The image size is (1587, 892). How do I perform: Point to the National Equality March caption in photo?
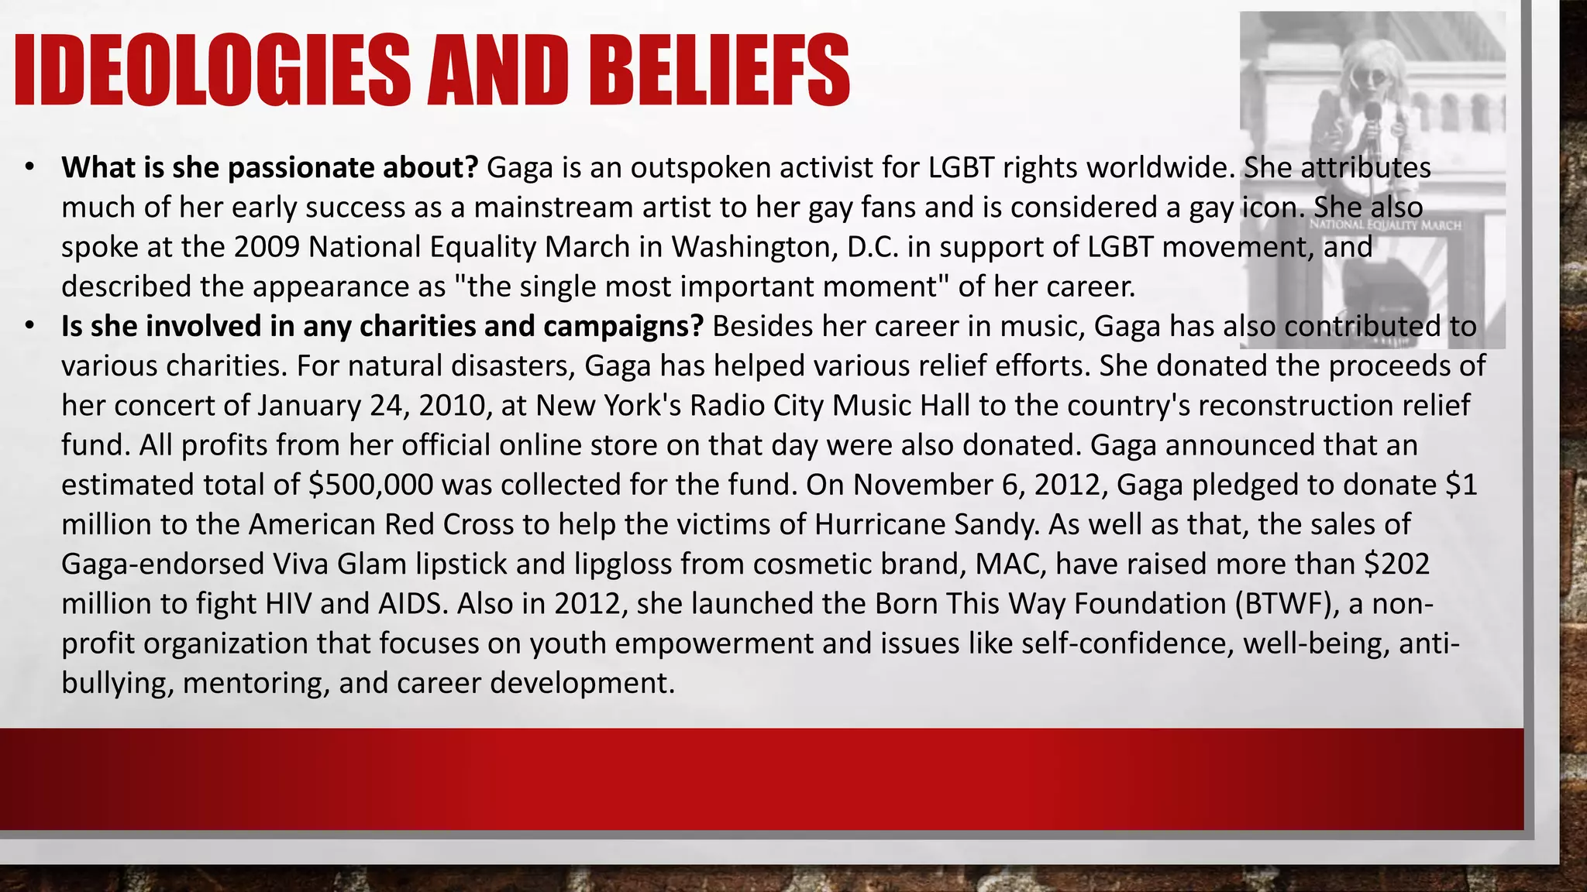[x=1385, y=225]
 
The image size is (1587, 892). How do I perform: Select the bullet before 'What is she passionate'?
[x=29, y=167]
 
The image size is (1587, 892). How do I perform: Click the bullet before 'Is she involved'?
[x=29, y=326]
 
